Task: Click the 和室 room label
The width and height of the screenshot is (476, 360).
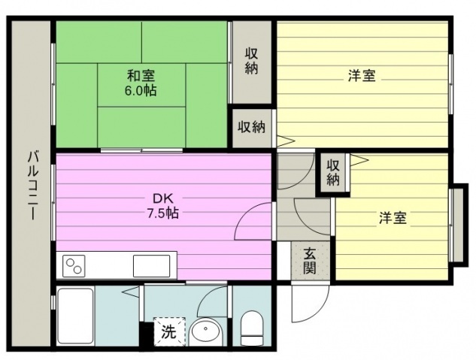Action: tap(141, 75)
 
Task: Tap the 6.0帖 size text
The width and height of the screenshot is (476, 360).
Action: tap(141, 90)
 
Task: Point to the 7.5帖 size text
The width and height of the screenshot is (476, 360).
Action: tap(162, 213)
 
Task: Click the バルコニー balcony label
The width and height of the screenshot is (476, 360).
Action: tap(33, 185)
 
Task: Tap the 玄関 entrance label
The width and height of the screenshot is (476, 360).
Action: tap(310, 261)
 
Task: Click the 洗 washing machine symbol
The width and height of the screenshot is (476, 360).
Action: tap(169, 331)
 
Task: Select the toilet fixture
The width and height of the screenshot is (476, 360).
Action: tap(252, 328)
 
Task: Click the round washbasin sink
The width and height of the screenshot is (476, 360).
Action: tap(206, 331)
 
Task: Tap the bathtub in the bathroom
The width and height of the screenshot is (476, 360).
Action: tap(76, 316)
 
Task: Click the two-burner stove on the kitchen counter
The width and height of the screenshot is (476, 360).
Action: tap(74, 266)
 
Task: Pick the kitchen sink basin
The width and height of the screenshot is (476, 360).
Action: tap(151, 266)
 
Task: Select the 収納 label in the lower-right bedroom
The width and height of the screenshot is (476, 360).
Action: tap(333, 173)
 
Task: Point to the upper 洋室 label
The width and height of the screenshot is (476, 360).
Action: tap(362, 75)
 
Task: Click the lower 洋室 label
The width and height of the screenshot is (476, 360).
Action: tap(393, 218)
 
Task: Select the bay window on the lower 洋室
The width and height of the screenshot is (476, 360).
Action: tap(457, 225)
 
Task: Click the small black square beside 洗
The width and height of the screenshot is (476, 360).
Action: tap(147, 334)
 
